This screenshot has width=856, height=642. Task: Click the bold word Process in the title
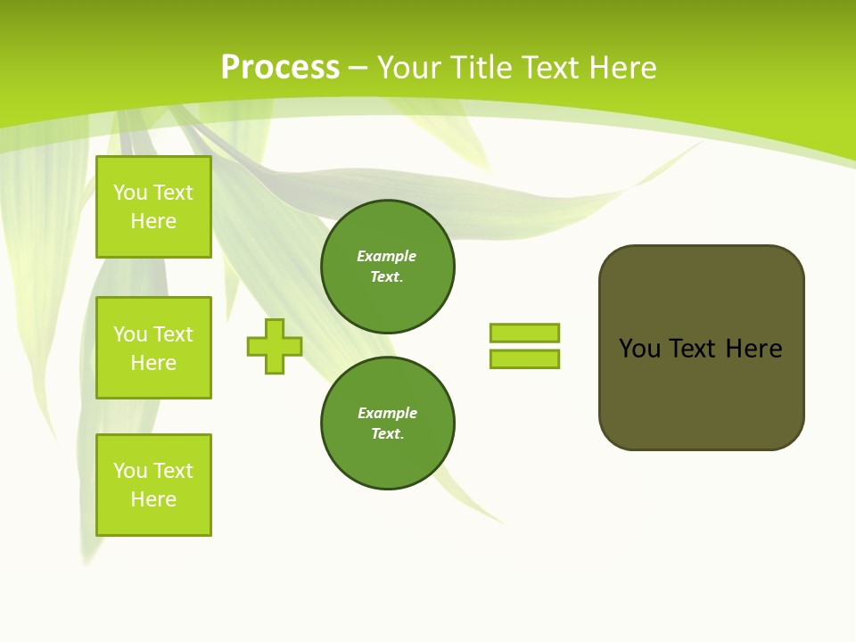tap(280, 67)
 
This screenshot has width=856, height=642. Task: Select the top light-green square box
tap(153, 207)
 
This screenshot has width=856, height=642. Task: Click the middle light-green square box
tap(153, 348)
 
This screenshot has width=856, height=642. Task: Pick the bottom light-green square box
tap(153, 484)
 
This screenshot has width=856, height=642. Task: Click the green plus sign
tap(275, 346)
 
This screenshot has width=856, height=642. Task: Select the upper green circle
tap(387, 266)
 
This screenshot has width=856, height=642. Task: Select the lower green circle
tap(387, 423)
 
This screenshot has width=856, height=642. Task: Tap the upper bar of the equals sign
tap(524, 333)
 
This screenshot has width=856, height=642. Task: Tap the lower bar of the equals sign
tap(524, 358)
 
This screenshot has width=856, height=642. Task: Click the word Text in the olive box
tap(693, 349)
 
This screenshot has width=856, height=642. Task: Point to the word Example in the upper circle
tap(386, 256)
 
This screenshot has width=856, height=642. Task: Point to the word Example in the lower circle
tap(387, 413)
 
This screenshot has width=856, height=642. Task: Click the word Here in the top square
tap(153, 221)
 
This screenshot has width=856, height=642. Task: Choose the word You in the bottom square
tap(130, 471)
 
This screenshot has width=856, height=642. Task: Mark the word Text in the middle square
tap(173, 334)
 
